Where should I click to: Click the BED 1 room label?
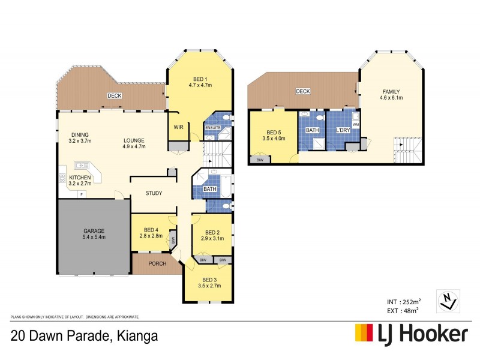point(199,79)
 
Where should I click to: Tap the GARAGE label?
point(94,230)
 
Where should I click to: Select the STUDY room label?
point(154,193)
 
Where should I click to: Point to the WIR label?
point(178,127)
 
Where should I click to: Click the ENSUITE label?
point(212,128)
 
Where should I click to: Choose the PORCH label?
point(157,263)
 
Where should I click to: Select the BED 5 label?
point(273,132)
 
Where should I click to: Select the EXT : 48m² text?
point(401,310)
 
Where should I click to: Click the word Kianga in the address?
point(137,336)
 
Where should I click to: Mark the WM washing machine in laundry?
point(355,125)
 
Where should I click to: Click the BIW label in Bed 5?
point(259,160)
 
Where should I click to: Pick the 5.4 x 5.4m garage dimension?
point(94,238)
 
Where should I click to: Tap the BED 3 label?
point(209,280)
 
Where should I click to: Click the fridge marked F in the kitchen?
point(80,194)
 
